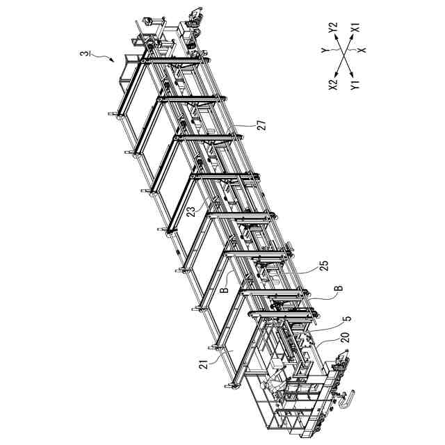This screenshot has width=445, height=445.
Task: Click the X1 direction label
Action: coord(354,30)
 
